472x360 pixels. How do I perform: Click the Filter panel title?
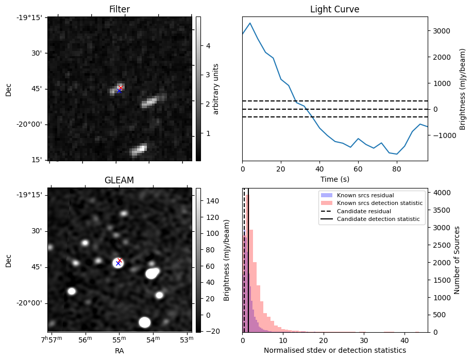tap(120, 9)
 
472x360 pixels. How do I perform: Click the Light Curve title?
tap(334, 9)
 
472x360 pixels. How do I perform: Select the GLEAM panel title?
tap(120, 180)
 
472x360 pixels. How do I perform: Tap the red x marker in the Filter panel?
tap(120, 88)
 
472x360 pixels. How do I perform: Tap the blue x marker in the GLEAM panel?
tap(118, 263)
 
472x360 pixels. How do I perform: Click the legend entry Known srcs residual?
tap(365, 195)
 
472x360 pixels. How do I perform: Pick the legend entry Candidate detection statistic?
tap(378, 219)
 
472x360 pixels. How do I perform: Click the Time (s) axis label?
tap(335, 179)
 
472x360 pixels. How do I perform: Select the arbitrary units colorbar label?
tap(216, 89)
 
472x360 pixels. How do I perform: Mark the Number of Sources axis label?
tap(457, 260)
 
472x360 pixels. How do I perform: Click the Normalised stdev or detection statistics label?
tap(335, 350)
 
